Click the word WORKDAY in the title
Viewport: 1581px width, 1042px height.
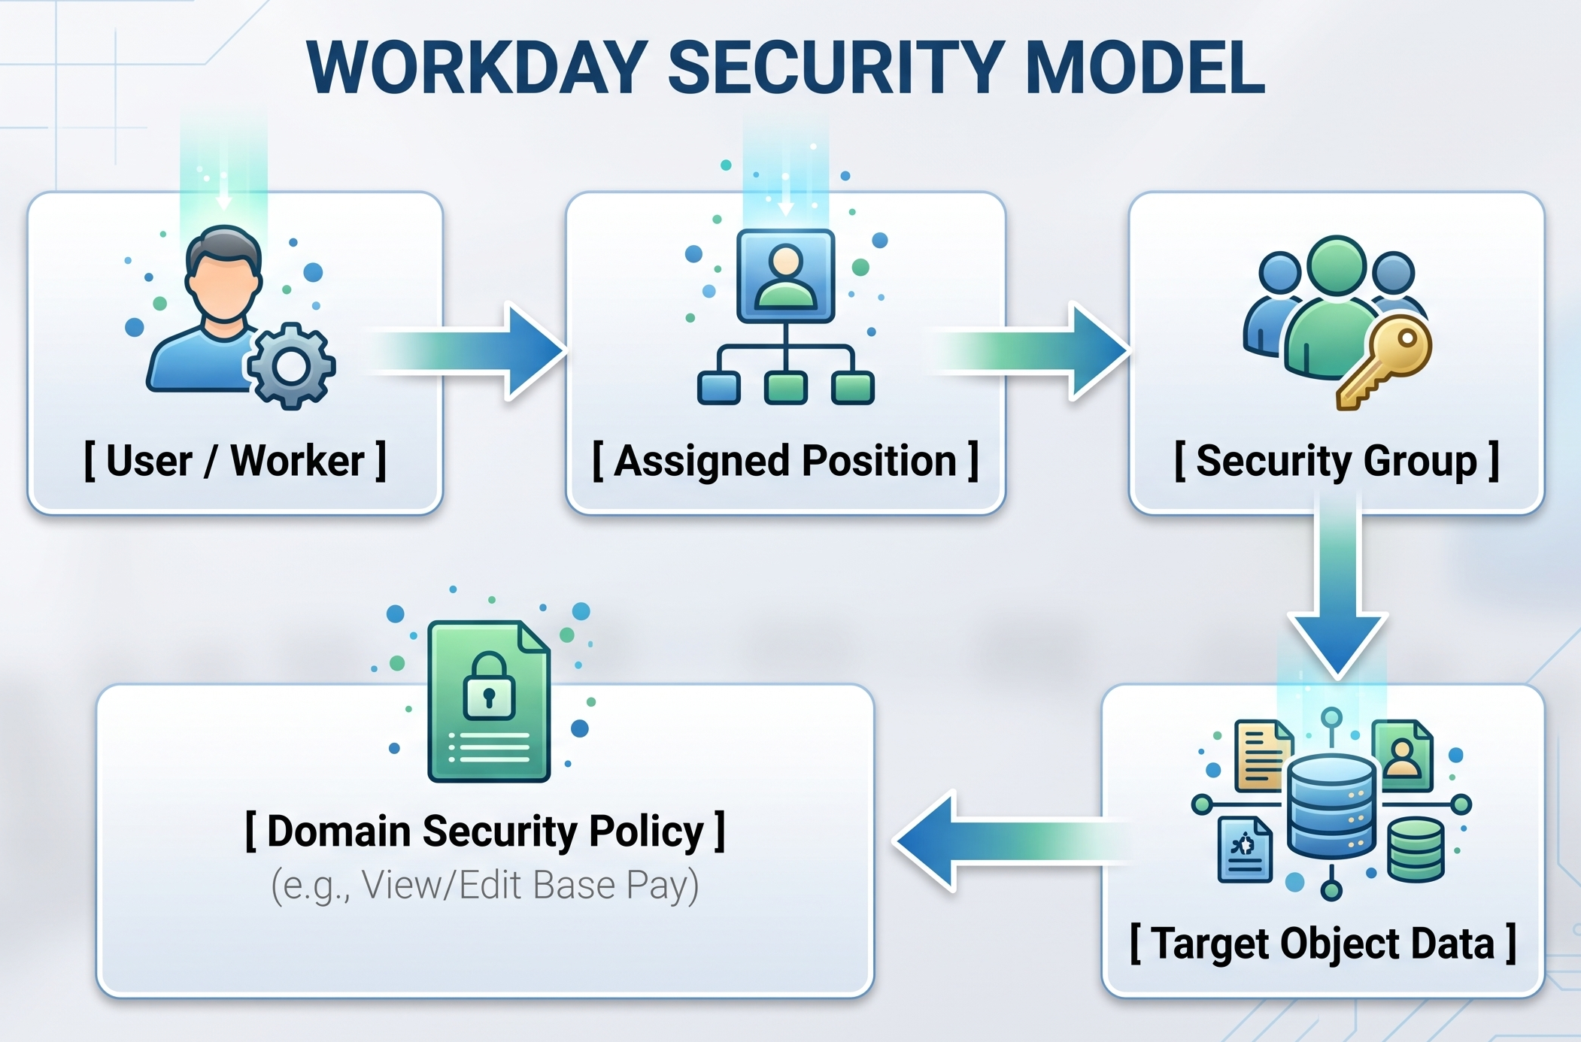coord(477,67)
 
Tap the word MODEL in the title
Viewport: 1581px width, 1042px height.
coord(1145,67)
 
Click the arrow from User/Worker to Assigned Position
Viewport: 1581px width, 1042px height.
coord(466,350)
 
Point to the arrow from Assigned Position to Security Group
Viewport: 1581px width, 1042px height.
coord(1030,350)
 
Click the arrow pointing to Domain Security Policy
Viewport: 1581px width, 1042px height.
coord(1012,841)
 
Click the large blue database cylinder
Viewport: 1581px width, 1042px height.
coord(1331,807)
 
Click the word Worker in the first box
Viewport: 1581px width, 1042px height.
coord(297,460)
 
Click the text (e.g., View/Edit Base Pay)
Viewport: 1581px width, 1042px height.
coord(485,885)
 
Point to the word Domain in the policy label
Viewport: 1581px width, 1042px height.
coord(338,831)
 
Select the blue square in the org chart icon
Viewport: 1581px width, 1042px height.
coord(718,388)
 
